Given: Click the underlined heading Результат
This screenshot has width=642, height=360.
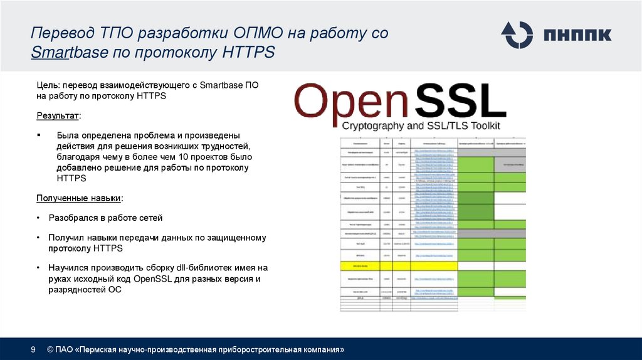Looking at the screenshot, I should [x=58, y=116].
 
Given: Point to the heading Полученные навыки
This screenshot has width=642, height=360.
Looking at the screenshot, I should [x=78, y=198].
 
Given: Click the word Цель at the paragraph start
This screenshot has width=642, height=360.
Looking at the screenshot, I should [x=47, y=85].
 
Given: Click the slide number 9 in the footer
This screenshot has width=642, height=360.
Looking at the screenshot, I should [x=33, y=349].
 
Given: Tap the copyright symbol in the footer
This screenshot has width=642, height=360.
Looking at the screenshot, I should [x=50, y=349].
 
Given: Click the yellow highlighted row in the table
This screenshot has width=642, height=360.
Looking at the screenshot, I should [x=399, y=266].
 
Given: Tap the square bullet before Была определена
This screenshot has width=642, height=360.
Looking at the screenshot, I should [x=39, y=135].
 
